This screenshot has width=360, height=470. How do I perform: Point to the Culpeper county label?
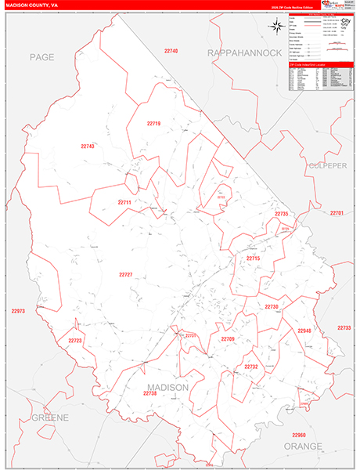326,166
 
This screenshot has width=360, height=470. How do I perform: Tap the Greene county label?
50,418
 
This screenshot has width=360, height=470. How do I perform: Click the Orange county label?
303,446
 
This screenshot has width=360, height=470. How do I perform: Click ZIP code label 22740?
171,51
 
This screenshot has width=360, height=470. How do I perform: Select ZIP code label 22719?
153,124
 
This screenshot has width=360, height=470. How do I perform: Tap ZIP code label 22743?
87,146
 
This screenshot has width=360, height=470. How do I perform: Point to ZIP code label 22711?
125,202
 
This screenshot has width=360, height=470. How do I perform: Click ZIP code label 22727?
126,275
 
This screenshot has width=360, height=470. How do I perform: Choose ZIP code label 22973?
18,311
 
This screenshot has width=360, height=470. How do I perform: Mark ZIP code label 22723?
75,341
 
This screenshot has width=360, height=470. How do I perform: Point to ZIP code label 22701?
337,213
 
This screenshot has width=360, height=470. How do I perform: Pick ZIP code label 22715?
253,258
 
